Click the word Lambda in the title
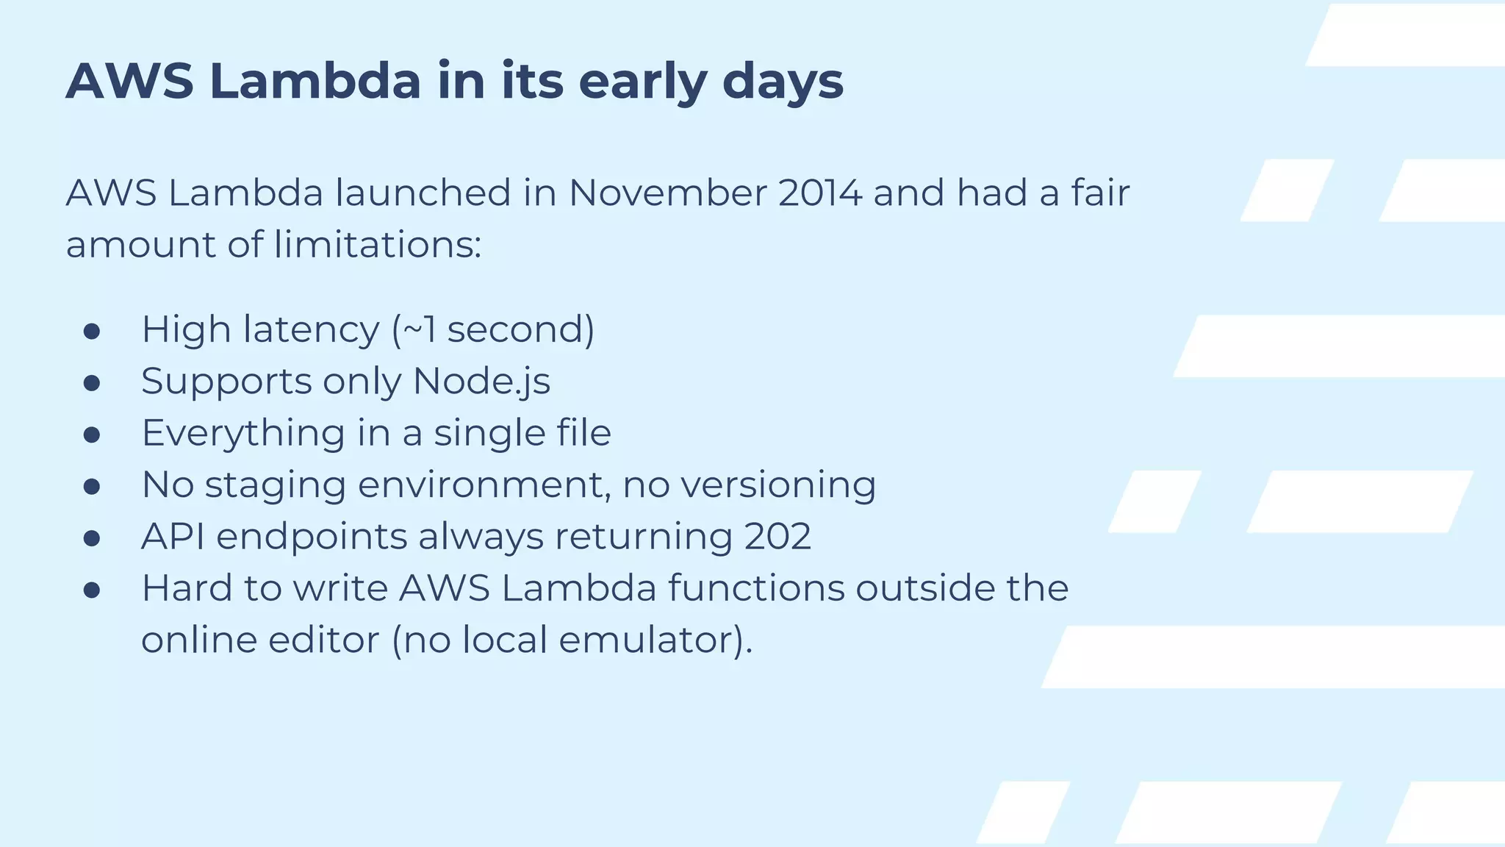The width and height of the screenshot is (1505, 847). pyautogui.click(x=315, y=81)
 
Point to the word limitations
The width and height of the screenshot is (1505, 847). pyautogui.click(x=377, y=245)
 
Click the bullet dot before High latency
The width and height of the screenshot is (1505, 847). pyautogui.click(x=92, y=331)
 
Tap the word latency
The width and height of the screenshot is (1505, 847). pyautogui.click(x=312, y=329)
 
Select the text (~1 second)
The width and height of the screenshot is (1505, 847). pyautogui.click(x=493, y=329)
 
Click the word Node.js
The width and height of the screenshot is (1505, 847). pyautogui.click(x=481, y=382)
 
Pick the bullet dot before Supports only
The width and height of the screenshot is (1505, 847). pyautogui.click(x=92, y=383)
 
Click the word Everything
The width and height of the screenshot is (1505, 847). pyautogui.click(x=243, y=433)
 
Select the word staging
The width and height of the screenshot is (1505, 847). pyautogui.click(x=275, y=485)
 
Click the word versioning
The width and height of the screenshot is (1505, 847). pyautogui.click(x=778, y=485)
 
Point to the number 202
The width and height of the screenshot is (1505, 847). pyautogui.click(x=777, y=536)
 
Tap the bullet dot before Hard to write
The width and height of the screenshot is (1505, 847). pyautogui.click(x=92, y=590)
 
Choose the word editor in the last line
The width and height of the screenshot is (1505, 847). pyautogui.click(x=323, y=640)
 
